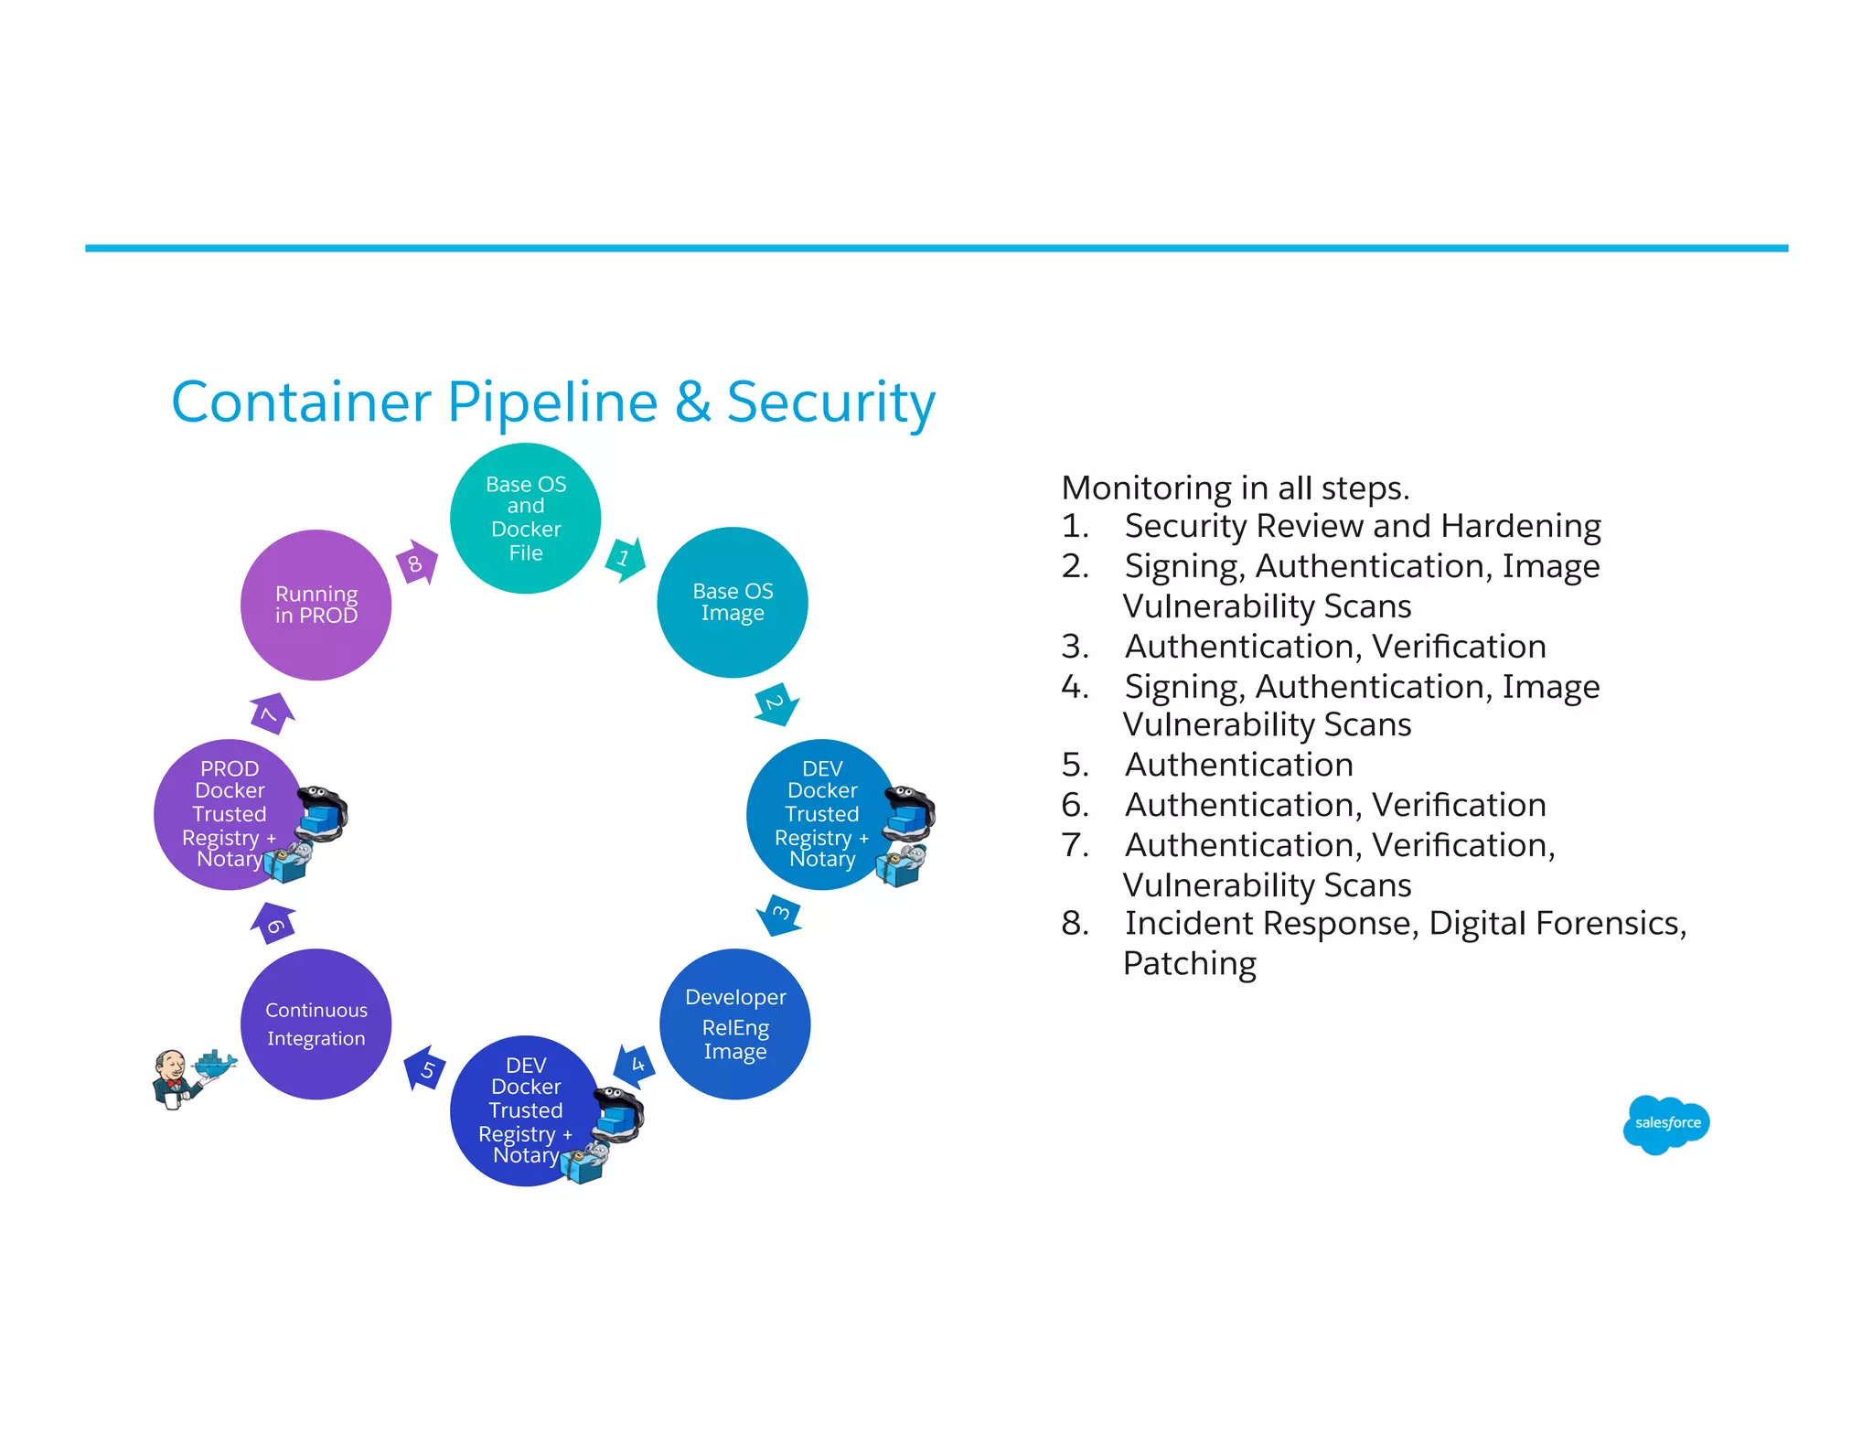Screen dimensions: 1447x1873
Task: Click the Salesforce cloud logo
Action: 1665,1123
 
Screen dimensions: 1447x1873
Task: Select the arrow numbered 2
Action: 776,704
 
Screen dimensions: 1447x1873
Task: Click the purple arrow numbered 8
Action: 417,563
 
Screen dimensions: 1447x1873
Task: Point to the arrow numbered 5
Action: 425,1068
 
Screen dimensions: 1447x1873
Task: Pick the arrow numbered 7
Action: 272,713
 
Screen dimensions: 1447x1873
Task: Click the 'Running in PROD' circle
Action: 316,605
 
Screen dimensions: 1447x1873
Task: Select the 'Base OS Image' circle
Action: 732,602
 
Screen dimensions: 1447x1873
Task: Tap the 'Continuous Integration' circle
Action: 316,1024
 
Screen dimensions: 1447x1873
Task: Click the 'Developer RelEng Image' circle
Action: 734,1024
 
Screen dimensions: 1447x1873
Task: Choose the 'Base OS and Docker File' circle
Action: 525,518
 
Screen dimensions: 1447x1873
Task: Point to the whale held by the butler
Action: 217,1064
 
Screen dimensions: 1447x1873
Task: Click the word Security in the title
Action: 830,402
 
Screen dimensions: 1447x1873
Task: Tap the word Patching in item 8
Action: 1189,963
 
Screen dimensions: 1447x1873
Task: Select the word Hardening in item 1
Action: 1521,526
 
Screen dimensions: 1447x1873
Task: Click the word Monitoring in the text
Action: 1146,488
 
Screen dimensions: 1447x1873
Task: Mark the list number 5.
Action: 1074,765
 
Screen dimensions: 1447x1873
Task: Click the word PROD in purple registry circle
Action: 230,768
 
